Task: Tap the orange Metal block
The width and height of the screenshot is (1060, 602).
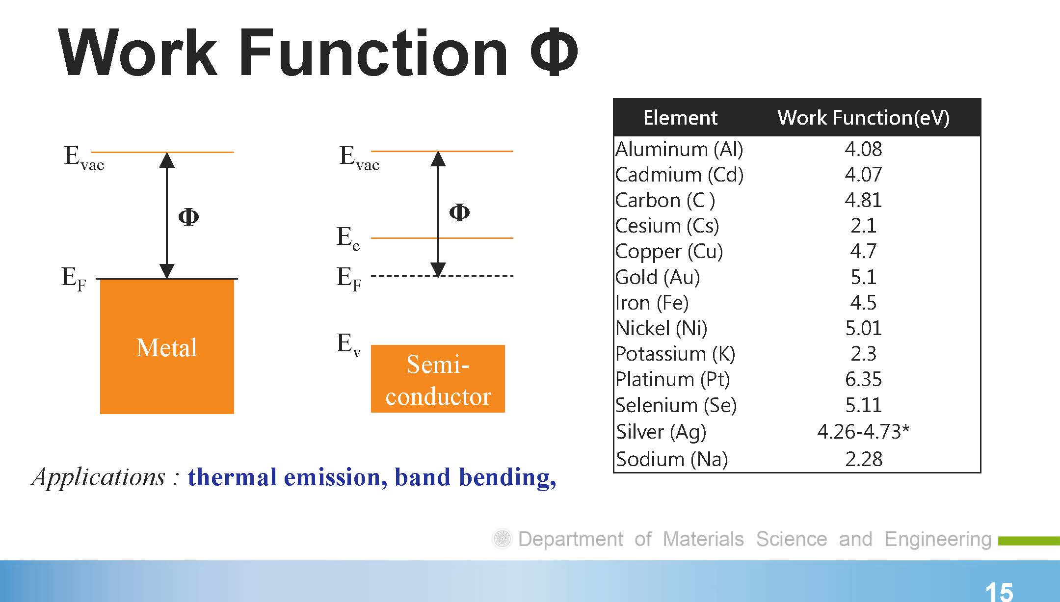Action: click(x=167, y=346)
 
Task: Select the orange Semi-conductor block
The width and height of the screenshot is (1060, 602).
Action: click(x=438, y=379)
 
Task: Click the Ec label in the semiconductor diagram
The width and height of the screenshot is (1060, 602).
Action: click(x=348, y=238)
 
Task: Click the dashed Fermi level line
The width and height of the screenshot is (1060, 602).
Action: click(x=442, y=276)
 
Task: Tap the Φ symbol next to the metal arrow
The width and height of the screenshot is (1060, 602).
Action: click(x=188, y=216)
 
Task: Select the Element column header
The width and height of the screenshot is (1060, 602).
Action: click(x=680, y=118)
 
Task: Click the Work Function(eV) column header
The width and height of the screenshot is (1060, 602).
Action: click(x=863, y=118)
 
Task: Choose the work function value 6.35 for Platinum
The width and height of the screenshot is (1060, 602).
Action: click(x=863, y=379)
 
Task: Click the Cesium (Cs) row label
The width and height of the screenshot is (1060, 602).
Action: click(x=667, y=226)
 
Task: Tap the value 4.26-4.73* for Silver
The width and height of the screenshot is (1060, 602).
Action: click(x=863, y=431)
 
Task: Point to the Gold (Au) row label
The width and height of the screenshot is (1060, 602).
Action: click(x=658, y=277)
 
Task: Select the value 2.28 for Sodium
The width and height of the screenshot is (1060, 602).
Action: click(x=864, y=459)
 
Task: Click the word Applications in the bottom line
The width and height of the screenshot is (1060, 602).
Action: click(x=99, y=477)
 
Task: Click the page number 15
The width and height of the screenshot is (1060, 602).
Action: click(x=999, y=592)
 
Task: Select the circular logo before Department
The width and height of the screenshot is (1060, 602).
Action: click(x=502, y=539)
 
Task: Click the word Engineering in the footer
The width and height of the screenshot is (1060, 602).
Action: click(x=938, y=539)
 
